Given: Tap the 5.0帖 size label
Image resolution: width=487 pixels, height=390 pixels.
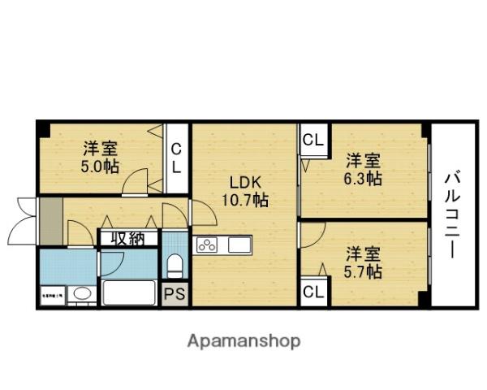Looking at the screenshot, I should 101,167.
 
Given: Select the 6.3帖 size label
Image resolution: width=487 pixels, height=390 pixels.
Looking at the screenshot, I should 362,179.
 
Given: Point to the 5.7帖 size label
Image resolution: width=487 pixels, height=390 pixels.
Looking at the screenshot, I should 362,272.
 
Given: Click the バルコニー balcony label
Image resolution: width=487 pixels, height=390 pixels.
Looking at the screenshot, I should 452,215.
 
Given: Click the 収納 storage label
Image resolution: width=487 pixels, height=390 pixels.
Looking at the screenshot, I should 127,238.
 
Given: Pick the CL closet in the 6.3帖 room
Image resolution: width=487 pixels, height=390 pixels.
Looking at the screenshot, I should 312,140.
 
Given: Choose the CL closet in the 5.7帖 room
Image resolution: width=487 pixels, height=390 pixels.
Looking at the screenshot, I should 312,292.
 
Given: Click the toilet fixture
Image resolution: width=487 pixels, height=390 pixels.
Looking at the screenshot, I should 174,265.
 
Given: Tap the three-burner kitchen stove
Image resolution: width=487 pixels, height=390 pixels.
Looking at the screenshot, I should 207,245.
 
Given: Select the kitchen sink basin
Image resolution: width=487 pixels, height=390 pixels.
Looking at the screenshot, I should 240,245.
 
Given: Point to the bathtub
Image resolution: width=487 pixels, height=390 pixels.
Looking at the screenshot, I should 128,293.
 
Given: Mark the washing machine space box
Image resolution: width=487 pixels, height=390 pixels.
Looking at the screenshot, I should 51,296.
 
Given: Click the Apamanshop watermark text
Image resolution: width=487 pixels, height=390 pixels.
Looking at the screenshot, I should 244,341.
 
